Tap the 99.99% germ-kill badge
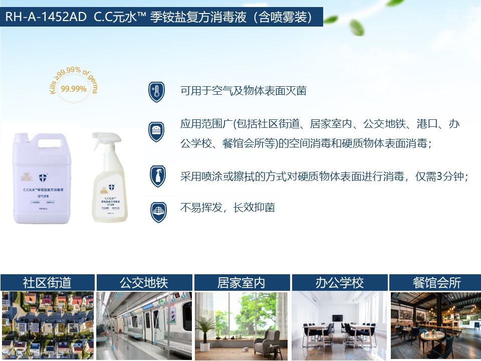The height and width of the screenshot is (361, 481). pyautogui.click(x=73, y=89)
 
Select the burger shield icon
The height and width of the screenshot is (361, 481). pyautogui.click(x=157, y=131)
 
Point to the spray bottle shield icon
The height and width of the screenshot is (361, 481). pyautogui.click(x=157, y=176)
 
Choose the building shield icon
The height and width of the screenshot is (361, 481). pyautogui.click(x=157, y=211)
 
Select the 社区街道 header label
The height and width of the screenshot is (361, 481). pyautogui.click(x=47, y=283)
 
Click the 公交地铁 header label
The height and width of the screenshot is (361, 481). pyautogui.click(x=144, y=283)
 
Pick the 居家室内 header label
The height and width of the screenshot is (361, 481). pyautogui.click(x=241, y=283)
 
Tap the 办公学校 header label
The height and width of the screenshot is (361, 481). pyautogui.click(x=339, y=283)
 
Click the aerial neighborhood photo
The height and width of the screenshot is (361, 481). pyautogui.click(x=47, y=325)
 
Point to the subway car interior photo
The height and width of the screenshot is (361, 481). pyautogui.click(x=144, y=325)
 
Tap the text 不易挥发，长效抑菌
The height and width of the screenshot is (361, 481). pyautogui.click(x=227, y=208)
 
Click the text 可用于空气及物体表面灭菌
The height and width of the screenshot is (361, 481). pyautogui.click(x=243, y=91)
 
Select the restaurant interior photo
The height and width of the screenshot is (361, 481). pyautogui.click(x=435, y=325)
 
